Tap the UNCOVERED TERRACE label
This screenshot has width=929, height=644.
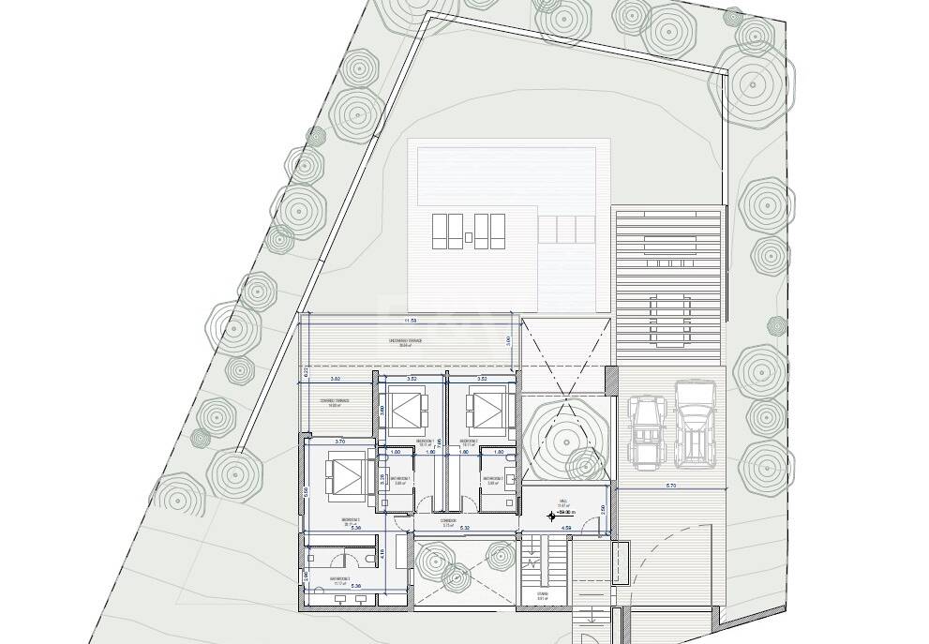[411, 341]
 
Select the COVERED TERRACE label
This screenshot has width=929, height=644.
[335, 400]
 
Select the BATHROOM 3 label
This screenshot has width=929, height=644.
[339, 579]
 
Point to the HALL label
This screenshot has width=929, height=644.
[564, 502]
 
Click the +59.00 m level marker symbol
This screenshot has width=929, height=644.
[551, 515]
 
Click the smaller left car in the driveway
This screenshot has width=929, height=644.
[648, 431]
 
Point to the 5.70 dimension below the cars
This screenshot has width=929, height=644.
[671, 486]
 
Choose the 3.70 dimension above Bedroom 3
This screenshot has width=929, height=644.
[340, 440]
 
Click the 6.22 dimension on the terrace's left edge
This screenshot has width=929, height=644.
[307, 372]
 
